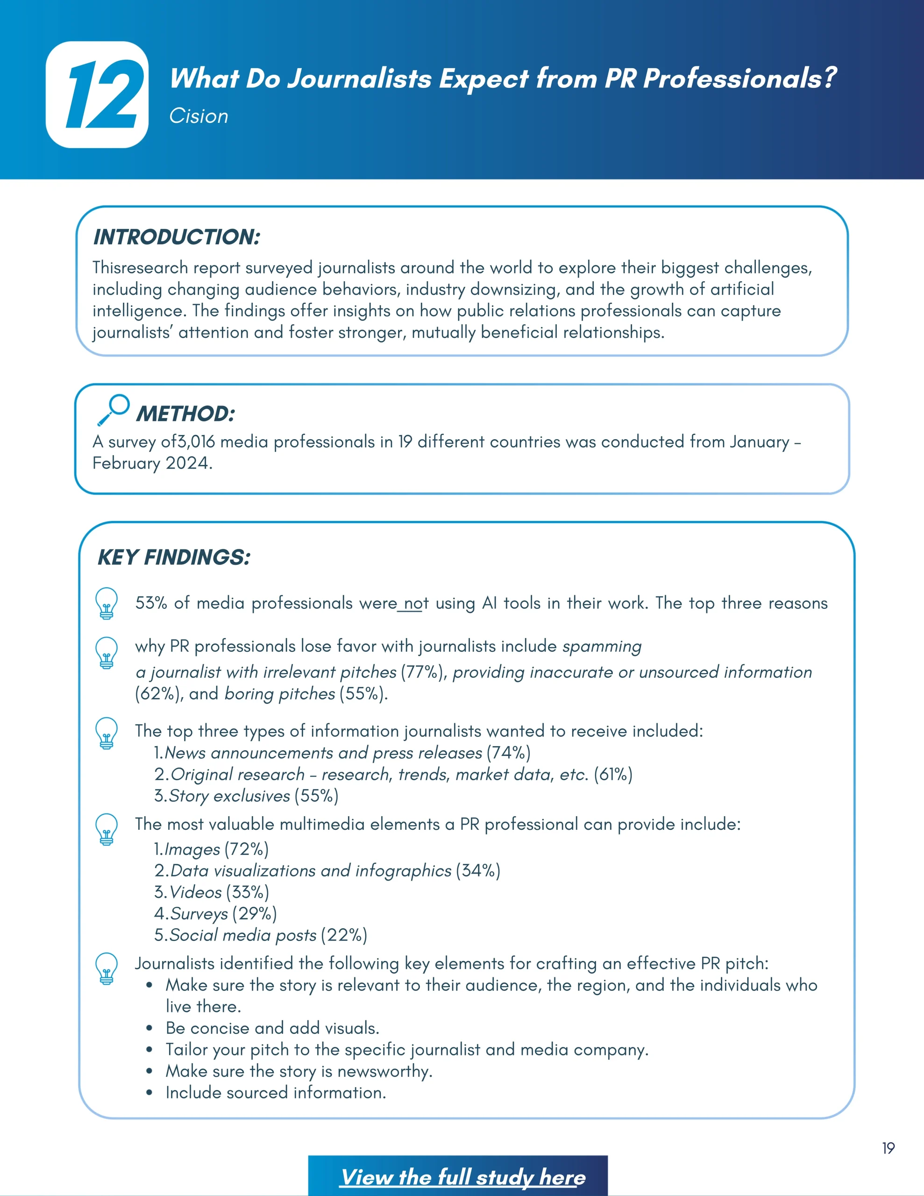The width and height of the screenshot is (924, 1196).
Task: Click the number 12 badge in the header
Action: point(98,95)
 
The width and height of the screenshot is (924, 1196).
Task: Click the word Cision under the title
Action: point(198,116)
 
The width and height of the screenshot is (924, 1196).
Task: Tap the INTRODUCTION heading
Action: point(177,237)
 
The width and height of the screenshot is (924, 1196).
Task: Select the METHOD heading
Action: point(185,414)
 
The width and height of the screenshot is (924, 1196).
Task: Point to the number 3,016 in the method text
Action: point(196,442)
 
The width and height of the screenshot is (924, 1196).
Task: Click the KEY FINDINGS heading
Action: point(174,557)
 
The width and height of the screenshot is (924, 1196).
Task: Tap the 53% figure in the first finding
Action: point(151,603)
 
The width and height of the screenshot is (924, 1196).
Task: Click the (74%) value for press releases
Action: point(509,753)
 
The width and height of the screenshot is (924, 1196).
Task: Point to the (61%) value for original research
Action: point(613,774)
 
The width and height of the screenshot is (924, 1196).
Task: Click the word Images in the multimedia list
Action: point(192,849)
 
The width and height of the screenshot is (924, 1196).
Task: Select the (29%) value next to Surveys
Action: point(255,913)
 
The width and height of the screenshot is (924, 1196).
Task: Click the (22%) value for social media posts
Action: point(344,935)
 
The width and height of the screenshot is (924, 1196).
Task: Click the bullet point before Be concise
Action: point(149,1028)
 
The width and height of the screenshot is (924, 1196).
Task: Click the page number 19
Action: point(888,1148)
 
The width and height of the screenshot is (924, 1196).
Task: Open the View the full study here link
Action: point(463,1177)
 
